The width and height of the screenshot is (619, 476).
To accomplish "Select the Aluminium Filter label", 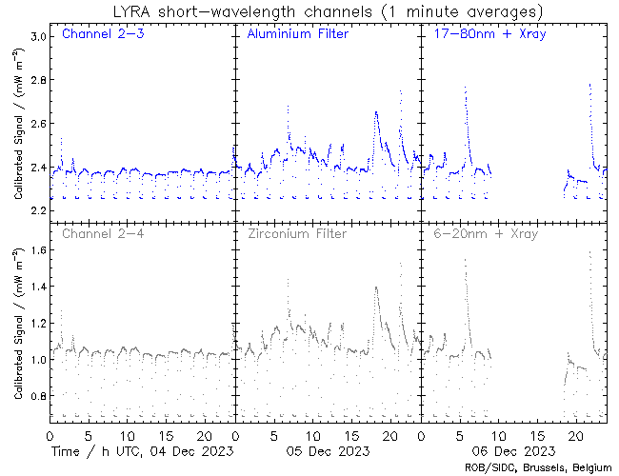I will tap(297, 34).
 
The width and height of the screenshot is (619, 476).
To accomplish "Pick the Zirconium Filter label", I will tap(297, 233).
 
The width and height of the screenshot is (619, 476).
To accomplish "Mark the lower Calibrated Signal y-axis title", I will tap(18, 324).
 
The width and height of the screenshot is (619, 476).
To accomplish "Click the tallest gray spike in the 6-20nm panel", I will tap(589, 253).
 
